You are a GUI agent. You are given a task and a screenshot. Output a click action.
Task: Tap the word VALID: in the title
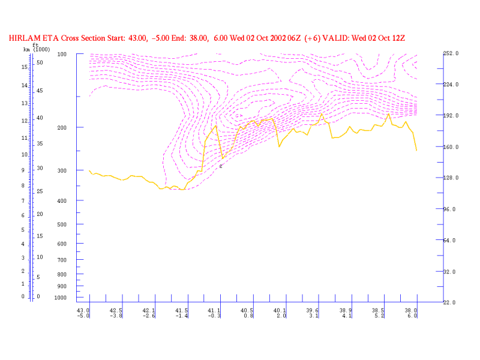(x=339, y=38)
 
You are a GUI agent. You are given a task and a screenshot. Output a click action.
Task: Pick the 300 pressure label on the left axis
(x=62, y=171)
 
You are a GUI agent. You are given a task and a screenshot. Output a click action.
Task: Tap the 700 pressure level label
(x=62, y=260)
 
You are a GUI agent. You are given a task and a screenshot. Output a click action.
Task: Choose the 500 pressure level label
(x=62, y=224)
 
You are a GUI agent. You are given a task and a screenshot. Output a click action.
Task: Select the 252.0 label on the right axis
(x=451, y=53)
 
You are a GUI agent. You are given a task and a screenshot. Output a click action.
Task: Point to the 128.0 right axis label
(x=451, y=178)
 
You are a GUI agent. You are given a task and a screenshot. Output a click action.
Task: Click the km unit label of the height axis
(x=26, y=49)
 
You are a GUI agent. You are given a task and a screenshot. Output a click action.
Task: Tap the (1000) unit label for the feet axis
(x=40, y=49)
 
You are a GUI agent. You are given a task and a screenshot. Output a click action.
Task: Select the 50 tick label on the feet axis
(x=39, y=62)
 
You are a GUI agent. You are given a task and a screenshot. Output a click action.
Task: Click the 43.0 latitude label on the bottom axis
(x=83, y=311)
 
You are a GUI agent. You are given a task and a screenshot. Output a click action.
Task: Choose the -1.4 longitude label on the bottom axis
(x=181, y=316)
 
